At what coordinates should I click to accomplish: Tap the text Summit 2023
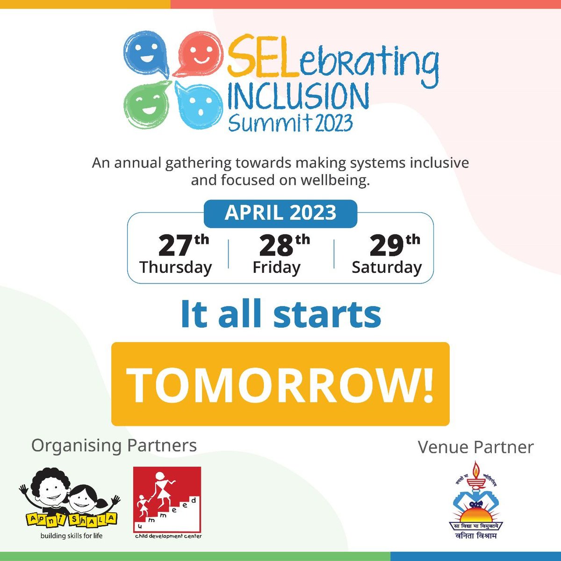[290, 123]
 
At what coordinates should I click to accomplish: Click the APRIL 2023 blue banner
[280, 213]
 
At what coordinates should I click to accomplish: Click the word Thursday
[175, 267]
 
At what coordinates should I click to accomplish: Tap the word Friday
[276, 267]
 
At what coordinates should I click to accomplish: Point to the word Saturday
[387, 267]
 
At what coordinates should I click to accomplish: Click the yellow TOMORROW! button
[280, 384]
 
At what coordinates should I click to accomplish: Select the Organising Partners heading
[114, 445]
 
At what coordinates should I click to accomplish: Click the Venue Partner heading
[475, 447]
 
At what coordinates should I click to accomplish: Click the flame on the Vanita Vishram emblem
[476, 469]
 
